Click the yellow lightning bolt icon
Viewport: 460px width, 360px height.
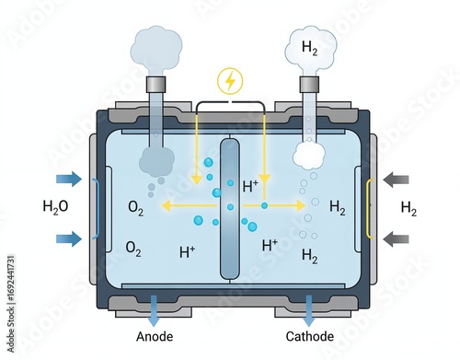point(230,81)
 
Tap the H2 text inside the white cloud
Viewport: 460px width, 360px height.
point(311,47)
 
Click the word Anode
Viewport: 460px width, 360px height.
point(154,337)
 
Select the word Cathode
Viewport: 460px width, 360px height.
point(310,337)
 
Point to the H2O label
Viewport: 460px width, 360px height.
point(55,207)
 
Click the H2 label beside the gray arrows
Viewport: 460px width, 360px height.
point(408,208)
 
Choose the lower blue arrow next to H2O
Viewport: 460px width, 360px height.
point(68,239)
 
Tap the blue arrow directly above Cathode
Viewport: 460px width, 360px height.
point(309,308)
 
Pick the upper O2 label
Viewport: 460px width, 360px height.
point(135,210)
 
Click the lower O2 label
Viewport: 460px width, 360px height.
point(133,248)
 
